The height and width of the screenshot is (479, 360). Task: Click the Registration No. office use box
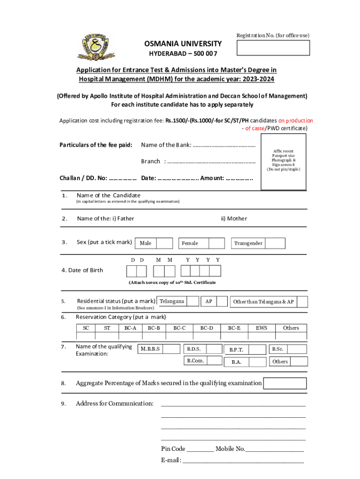click(273, 48)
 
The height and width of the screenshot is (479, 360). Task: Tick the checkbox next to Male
click(164, 243)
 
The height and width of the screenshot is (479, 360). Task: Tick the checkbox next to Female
click(216, 243)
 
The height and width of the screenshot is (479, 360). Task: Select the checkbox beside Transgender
click(275, 243)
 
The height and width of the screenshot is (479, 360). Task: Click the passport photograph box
click(283, 162)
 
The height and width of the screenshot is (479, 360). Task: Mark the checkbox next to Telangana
click(193, 302)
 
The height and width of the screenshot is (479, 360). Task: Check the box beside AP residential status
click(223, 302)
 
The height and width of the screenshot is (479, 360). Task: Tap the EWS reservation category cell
click(261, 328)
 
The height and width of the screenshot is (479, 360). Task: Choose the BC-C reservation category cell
click(180, 328)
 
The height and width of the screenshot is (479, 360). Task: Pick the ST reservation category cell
click(107, 328)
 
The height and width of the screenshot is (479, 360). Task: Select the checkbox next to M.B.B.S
click(172, 349)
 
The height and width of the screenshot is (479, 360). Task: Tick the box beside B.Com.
click(215, 361)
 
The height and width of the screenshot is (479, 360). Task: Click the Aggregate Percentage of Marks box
click(285, 384)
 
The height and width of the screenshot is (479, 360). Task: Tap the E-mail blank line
click(243, 461)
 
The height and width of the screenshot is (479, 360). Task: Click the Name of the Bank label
click(166, 145)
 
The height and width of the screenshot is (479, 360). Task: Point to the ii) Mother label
click(234, 218)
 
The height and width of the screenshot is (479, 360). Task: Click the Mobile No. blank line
click(274, 450)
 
